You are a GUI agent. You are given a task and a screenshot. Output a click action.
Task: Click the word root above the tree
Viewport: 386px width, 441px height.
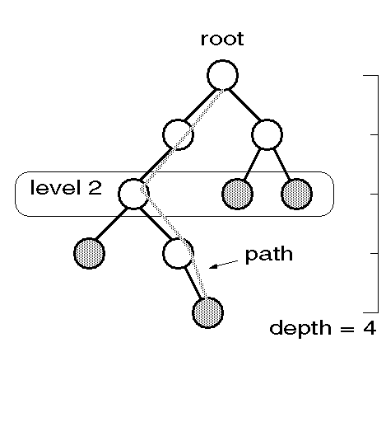(222, 39)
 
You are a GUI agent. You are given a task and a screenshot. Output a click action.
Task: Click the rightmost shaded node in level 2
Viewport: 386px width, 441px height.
(296, 194)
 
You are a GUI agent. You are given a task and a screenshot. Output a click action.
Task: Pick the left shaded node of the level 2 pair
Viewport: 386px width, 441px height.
(237, 194)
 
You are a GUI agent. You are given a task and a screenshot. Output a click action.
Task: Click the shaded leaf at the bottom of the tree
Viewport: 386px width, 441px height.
(207, 312)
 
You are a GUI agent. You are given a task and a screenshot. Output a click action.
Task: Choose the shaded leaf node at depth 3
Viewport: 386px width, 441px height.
(89, 253)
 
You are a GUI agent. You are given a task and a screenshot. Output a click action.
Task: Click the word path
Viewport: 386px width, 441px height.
(268, 255)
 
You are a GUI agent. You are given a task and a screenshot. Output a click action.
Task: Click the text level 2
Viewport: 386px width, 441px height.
(66, 187)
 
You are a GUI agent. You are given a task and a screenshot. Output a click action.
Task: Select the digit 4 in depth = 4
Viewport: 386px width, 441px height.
(370, 327)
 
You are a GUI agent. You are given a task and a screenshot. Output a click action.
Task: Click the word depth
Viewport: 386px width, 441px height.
(300, 328)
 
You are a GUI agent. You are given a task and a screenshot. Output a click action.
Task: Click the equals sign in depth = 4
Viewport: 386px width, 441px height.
(347, 329)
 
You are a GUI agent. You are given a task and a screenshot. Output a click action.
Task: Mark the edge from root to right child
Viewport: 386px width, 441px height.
(244, 105)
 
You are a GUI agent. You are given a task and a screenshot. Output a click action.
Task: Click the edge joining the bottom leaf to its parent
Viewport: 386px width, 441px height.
(193, 283)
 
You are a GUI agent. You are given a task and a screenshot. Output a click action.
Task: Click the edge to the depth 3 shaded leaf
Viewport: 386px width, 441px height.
(111, 223)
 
